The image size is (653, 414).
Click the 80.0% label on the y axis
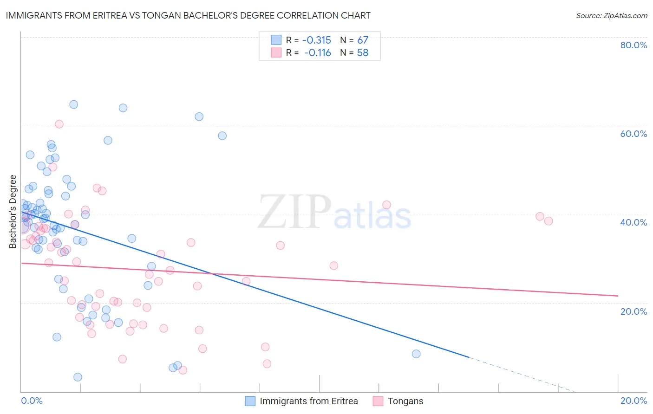pos(633,45)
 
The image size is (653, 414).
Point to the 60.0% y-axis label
pos(633,134)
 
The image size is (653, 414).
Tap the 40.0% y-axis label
pos(633,222)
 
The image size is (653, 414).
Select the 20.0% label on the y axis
pos(633,311)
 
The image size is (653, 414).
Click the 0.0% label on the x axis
pos(32,401)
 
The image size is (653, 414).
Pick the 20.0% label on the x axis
pos(633,401)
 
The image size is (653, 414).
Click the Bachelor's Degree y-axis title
pos(13,212)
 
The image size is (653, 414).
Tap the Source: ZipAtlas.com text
pos(611,15)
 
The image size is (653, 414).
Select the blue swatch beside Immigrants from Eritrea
pos(250,401)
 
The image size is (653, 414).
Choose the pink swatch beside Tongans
pos(378,401)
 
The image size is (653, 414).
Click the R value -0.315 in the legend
pos(316,40)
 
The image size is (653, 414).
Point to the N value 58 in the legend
pos(362,52)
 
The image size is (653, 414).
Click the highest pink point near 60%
pos(59,124)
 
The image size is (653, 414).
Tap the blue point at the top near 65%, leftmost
pos(73,104)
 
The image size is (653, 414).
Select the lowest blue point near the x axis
pos(78,377)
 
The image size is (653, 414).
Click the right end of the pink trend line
pos(618,296)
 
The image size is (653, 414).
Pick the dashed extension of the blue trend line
pos(520,374)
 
